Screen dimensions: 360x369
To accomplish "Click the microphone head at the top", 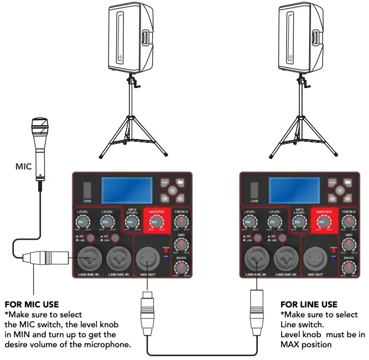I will [x=39, y=126].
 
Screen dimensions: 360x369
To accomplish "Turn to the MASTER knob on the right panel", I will [x=323, y=223].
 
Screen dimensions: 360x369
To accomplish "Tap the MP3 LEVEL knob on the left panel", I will [x=131, y=223].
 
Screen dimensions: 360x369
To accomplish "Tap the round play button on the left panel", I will [x=173, y=189].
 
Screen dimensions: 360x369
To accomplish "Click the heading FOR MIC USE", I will [x=32, y=305].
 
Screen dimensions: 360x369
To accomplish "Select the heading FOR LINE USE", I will [x=309, y=305].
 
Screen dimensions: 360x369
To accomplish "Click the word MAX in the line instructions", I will [x=290, y=344].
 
